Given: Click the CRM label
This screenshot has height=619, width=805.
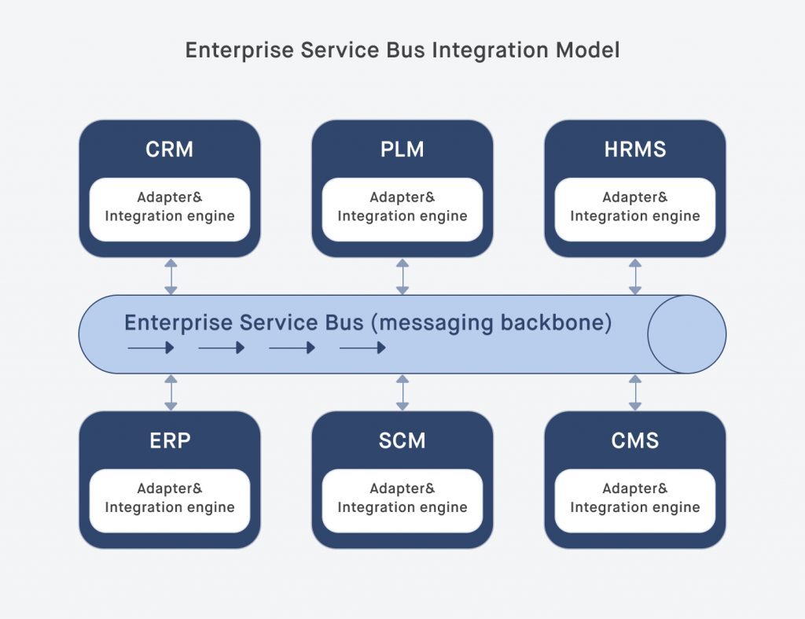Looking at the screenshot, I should point(170,149).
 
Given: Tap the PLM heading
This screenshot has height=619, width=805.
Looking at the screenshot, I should point(402,149).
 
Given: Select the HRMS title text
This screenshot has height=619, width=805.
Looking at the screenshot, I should point(634,149).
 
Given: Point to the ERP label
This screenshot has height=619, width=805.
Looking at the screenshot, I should point(170,440).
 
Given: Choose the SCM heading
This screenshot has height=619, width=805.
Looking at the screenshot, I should point(402,440).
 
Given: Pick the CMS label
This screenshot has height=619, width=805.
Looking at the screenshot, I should point(634,440).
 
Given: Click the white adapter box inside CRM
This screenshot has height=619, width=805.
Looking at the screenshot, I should point(170,209).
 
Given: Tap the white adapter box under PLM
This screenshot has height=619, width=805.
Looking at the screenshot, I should point(402,209).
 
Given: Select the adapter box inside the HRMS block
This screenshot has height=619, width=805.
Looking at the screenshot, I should point(634,209).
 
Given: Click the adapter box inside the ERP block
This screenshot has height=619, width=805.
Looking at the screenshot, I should point(170,501).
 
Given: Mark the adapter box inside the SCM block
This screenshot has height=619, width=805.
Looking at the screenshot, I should point(402,501).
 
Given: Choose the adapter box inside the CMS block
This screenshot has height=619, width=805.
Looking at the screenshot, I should point(634,501).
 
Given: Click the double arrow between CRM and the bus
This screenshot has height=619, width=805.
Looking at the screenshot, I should point(171,276).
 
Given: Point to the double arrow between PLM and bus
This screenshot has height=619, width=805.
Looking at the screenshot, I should point(402,276).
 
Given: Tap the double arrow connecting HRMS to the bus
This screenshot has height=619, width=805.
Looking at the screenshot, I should point(635,276).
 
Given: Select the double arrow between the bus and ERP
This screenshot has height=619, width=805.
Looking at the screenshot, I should point(171,392).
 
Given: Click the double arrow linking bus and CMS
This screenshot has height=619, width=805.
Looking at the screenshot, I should point(635,392).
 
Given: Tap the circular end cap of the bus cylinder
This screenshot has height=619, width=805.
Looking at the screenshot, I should point(686,334).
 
